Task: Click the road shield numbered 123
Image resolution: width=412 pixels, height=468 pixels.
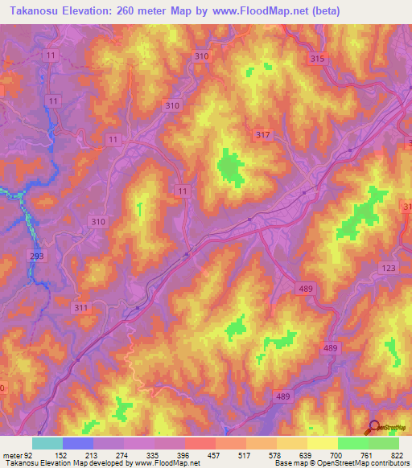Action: (x=389, y=268)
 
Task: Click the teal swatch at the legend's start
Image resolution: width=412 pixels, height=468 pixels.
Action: (x=47, y=443)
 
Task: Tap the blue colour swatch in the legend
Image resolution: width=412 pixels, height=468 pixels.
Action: (x=78, y=443)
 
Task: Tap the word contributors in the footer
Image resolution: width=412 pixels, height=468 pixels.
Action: (x=385, y=462)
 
